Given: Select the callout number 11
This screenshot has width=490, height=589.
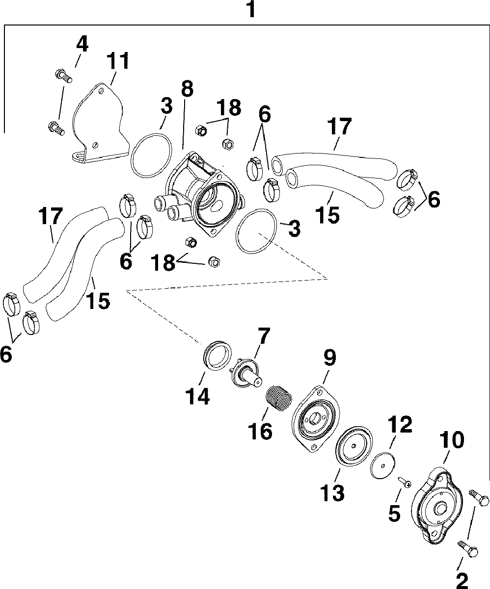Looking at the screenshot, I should (119, 62).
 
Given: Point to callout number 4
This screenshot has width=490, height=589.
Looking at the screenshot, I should (82, 45).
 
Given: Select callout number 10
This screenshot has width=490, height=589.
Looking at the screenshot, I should (452, 440).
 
